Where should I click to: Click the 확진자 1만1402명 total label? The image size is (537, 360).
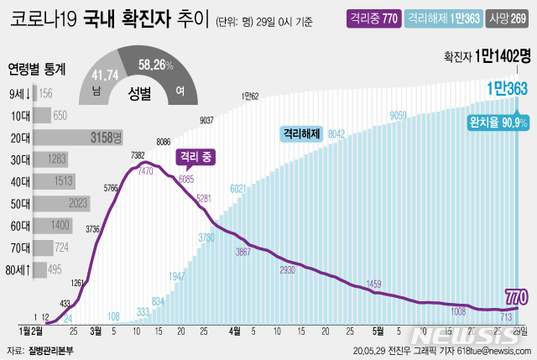point(487,57)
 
